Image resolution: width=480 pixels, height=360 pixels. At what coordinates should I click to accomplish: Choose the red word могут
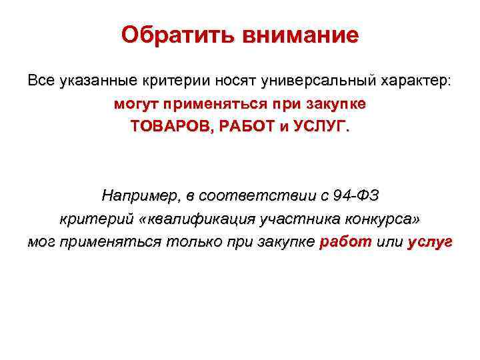(x=136, y=105)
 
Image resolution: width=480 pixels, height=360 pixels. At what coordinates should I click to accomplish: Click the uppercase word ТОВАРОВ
(x=169, y=127)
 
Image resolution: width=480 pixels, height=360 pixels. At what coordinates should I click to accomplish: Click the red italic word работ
(x=346, y=242)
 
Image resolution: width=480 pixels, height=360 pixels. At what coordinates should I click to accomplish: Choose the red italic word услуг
(x=429, y=242)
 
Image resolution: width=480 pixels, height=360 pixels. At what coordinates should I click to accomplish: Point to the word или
(x=389, y=242)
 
